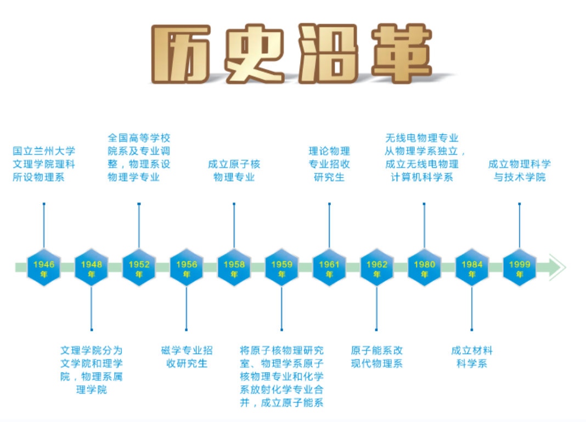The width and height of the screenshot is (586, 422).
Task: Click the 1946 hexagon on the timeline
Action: [44, 268]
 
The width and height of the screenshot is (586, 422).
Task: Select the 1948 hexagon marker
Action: [91, 268]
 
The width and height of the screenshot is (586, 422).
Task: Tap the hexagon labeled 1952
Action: [139, 268]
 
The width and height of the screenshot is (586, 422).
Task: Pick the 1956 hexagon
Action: [187, 268]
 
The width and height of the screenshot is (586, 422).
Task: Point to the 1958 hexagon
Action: [234, 268]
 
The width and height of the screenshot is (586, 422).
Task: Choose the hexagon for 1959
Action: [281, 268]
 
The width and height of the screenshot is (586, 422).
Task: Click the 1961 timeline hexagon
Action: [329, 268]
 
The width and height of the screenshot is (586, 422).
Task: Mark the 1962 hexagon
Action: [376, 268]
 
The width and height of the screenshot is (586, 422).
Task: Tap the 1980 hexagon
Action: [424, 268]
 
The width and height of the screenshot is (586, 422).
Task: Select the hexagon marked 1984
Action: [472, 268]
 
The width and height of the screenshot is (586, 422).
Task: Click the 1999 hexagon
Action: [519, 268]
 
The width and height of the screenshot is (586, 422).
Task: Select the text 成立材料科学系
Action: [472, 357]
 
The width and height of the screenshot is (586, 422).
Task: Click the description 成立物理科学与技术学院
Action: [519, 170]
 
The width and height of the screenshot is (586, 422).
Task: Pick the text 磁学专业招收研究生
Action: [187, 357]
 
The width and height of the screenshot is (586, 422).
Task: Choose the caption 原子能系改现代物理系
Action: [377, 357]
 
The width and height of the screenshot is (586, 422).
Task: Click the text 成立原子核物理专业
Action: [234, 170]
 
